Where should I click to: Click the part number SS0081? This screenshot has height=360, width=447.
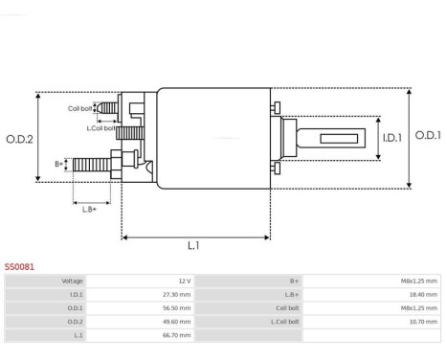[x=20, y=267]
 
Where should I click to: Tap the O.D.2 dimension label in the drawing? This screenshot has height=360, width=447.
[x=19, y=139]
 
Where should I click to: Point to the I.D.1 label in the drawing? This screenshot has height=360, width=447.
[x=391, y=139]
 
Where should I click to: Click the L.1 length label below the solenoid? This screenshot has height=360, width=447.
[x=192, y=245]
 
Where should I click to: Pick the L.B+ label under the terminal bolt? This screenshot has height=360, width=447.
[x=90, y=208]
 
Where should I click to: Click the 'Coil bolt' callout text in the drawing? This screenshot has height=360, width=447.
[x=80, y=109]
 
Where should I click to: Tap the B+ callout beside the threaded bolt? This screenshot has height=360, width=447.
[x=59, y=164]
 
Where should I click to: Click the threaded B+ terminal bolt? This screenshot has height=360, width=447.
[x=91, y=165]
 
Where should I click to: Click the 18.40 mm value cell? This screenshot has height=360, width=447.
[x=421, y=295]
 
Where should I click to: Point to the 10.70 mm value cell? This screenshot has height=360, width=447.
[x=421, y=322]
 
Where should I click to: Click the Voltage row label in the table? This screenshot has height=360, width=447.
[x=72, y=281]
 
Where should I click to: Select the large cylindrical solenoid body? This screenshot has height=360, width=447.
[x=212, y=139]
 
